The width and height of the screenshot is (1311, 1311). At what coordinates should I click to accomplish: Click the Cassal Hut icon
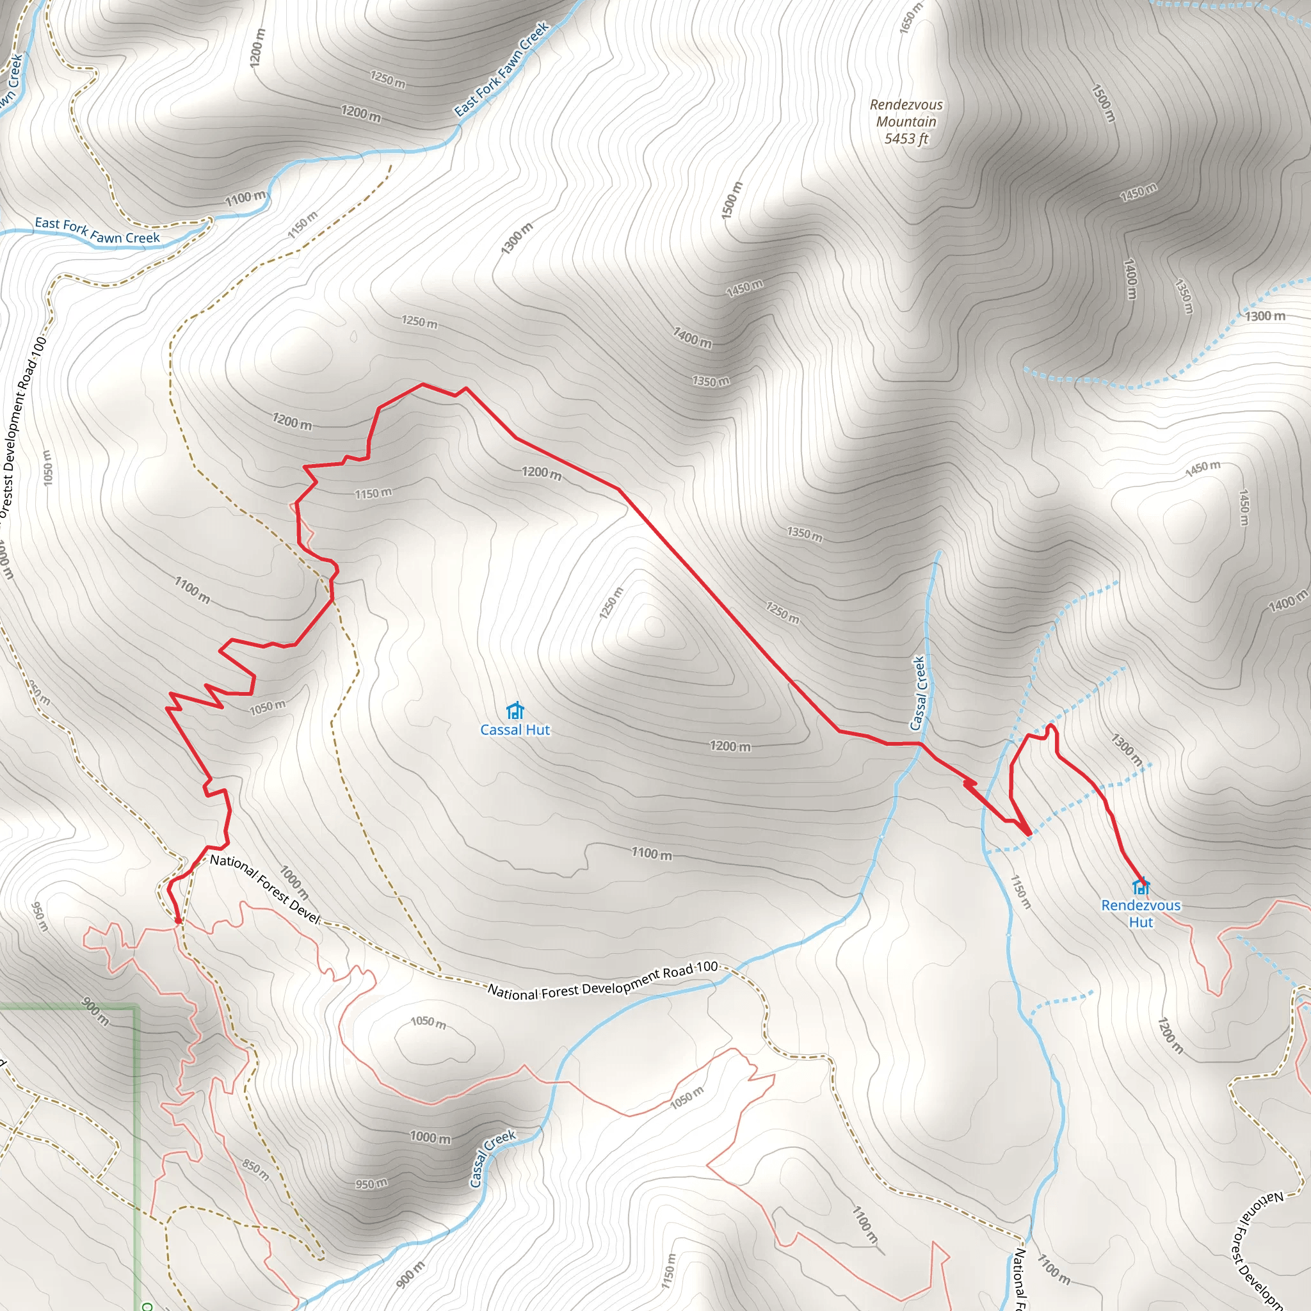pyautogui.click(x=515, y=711)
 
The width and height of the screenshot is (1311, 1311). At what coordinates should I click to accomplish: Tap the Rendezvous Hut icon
pyautogui.click(x=1141, y=886)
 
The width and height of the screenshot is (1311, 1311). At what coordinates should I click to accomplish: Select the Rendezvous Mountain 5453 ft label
pyautogui.click(x=906, y=122)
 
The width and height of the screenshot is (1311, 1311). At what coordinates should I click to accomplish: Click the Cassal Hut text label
pyautogui.click(x=515, y=730)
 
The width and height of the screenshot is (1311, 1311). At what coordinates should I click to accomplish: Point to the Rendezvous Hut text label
pyautogui.click(x=1141, y=913)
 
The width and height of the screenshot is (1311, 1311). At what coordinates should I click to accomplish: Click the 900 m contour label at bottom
pyautogui.click(x=410, y=1275)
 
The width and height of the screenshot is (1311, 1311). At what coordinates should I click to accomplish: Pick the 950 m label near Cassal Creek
pyautogui.click(x=371, y=1184)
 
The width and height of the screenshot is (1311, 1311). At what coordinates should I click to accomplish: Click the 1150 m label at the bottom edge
pyautogui.click(x=668, y=1270)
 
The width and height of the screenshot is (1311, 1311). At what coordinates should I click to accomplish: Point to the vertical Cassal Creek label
pyautogui.click(x=918, y=693)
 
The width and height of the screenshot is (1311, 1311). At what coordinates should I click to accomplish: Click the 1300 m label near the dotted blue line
pyautogui.click(x=1265, y=316)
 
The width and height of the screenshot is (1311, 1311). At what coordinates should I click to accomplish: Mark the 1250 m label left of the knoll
pyautogui.click(x=610, y=603)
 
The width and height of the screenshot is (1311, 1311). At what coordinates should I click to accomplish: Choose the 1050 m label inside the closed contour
pyautogui.click(x=428, y=1022)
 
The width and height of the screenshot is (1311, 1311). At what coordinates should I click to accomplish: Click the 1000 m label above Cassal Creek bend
pyautogui.click(x=430, y=1137)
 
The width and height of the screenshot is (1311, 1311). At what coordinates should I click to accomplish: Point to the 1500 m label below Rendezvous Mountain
pyautogui.click(x=732, y=200)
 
